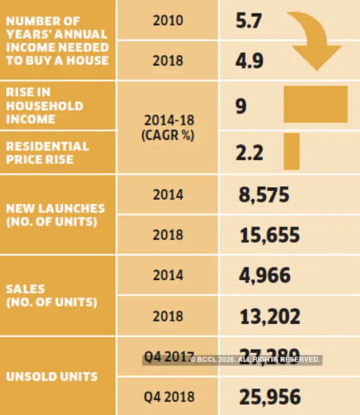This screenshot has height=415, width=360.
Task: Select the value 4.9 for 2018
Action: [250, 60]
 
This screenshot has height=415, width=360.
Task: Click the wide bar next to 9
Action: [315, 104]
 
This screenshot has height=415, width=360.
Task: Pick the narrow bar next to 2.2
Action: [291, 151]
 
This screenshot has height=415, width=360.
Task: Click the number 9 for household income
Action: [241, 106]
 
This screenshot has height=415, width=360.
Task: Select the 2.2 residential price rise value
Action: [249, 152]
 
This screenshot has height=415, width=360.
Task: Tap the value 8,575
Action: [264, 195]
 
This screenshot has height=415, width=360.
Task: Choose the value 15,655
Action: [269, 235]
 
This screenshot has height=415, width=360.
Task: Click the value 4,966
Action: [265, 276]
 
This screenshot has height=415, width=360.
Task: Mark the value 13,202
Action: [269, 316]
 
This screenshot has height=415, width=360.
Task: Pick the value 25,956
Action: [270, 396]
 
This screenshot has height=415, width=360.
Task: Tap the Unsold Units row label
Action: [51, 377]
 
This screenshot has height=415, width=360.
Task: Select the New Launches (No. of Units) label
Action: [55, 215]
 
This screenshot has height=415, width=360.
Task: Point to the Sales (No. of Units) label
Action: [51, 296]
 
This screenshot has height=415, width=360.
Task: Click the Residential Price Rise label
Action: [48, 152]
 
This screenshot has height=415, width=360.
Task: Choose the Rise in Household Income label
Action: [45, 106]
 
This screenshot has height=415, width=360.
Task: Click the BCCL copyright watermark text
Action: [255, 360]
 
